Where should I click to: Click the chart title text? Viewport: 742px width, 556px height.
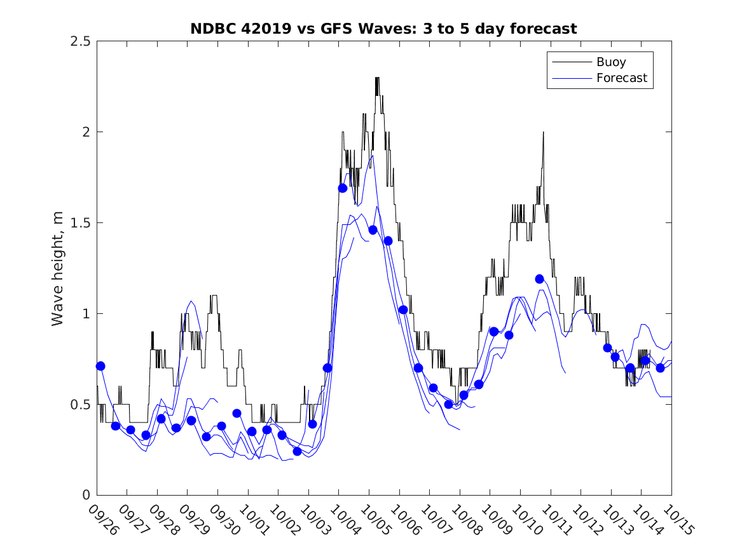coord(383,29)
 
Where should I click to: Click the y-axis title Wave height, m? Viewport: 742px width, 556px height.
coord(58,268)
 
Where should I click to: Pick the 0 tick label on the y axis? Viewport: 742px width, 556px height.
coord(86,496)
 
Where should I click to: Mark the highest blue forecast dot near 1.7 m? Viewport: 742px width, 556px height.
coord(343,188)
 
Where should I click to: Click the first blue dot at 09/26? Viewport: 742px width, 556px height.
coord(100,366)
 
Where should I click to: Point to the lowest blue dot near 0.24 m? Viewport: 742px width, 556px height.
coord(297,451)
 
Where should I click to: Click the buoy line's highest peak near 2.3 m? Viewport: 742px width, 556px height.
coord(377,78)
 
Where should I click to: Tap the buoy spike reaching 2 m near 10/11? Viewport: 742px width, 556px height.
coord(544,133)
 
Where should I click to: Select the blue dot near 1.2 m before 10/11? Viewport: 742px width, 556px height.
coord(539,279)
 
